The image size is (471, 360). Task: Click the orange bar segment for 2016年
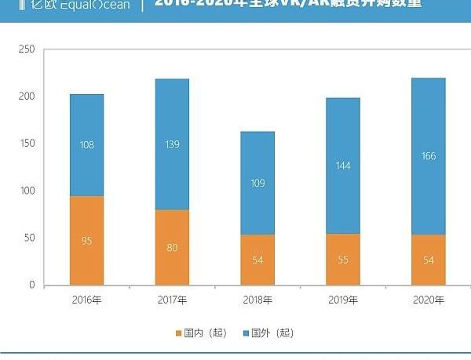click(86, 240)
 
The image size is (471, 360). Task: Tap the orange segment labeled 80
click(172, 247)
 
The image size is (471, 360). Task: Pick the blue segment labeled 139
click(172, 144)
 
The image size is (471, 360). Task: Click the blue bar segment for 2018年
click(257, 183)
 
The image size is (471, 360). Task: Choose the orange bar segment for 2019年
click(343, 259)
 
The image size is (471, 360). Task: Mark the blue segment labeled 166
click(429, 156)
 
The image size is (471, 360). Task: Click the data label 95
click(86, 241)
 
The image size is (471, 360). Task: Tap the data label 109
click(257, 184)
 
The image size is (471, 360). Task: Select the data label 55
click(343, 260)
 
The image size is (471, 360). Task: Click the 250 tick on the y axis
click(27, 49)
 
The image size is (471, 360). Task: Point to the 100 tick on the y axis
click(27, 191)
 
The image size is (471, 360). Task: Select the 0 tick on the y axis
click(32, 285)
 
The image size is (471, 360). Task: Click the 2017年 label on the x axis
click(172, 300)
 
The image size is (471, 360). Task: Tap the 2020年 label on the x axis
click(429, 300)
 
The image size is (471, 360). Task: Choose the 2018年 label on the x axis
click(257, 300)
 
